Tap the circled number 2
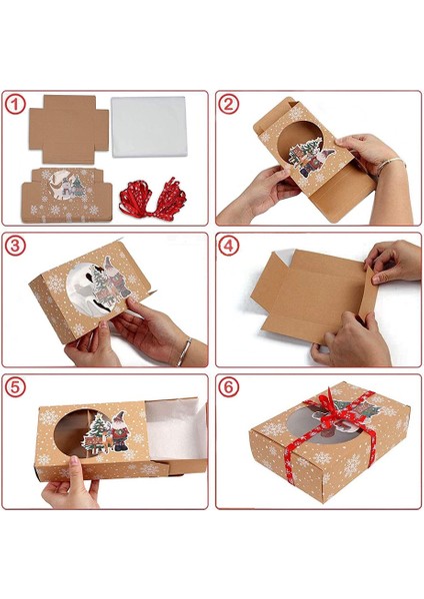click(230, 104)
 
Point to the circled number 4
click(230, 246)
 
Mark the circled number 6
click(230, 386)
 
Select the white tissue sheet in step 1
click(150, 124)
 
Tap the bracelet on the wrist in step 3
click(185, 350)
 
